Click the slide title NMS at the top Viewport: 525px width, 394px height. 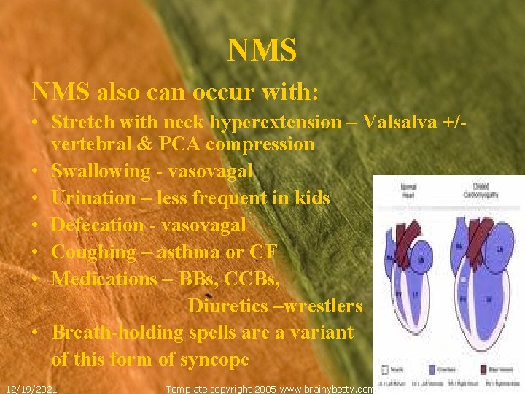(x=262, y=50)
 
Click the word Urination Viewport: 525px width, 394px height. (x=93, y=198)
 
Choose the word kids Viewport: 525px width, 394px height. (x=310, y=198)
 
